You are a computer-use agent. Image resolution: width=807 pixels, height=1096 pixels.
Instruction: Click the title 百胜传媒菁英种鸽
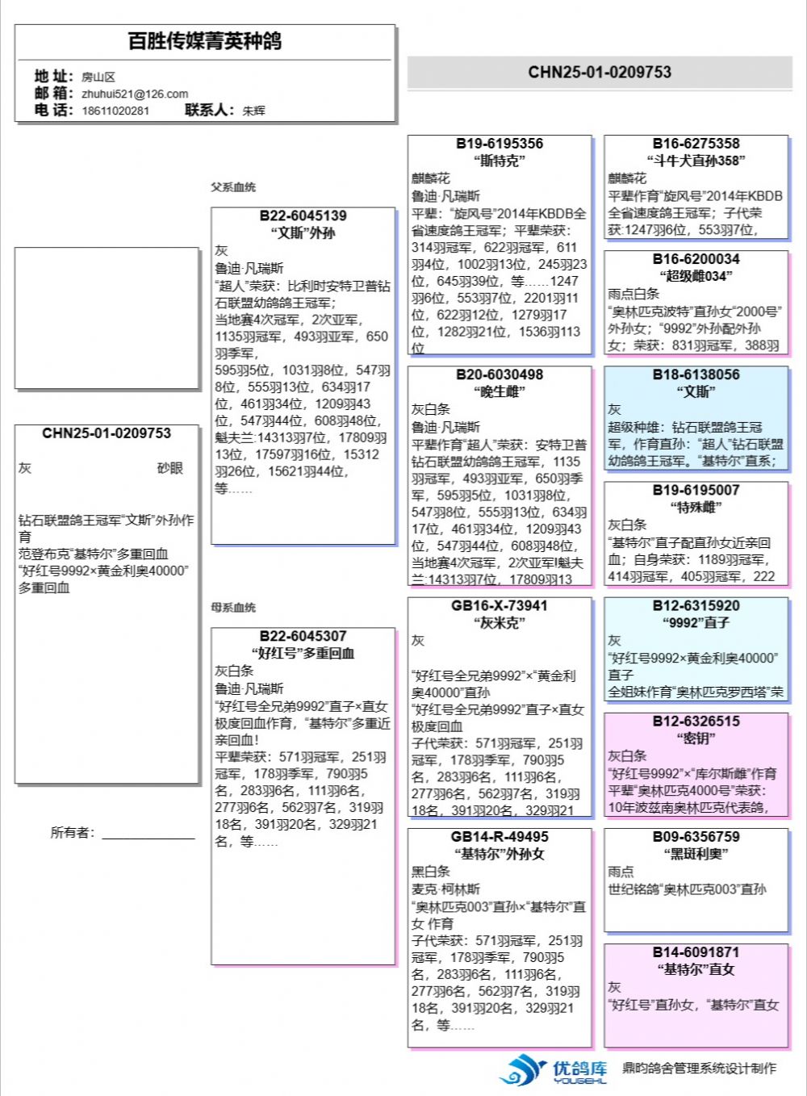pos(205,41)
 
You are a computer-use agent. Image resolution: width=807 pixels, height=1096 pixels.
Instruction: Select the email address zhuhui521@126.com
pos(135,94)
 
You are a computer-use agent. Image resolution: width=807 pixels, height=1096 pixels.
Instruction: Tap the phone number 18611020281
pos(115,111)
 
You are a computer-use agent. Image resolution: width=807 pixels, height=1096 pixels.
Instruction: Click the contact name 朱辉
pos(253,111)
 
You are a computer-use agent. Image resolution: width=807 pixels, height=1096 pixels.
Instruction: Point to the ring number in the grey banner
pos(600,72)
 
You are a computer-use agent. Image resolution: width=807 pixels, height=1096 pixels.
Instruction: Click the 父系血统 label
pos(233,187)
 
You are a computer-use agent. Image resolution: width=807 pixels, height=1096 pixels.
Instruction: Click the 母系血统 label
pos(233,608)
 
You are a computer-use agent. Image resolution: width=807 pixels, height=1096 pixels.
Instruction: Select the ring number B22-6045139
pos(303,216)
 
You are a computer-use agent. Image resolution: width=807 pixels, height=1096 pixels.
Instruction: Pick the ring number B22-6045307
pos(303,637)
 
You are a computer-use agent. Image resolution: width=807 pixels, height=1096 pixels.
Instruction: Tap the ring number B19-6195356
pos(500,144)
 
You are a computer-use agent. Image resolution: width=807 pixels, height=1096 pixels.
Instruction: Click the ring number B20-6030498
pos(500,374)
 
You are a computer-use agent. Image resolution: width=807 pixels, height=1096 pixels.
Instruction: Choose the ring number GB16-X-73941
pos(500,605)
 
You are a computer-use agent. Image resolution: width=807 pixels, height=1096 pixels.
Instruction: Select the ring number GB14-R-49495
pos(500,837)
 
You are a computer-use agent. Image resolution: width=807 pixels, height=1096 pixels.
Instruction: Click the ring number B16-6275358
pos(696,144)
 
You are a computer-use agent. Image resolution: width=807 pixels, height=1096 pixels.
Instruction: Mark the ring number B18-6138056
pos(696,374)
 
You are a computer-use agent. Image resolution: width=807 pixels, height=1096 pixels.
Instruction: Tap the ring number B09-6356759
pos(696,837)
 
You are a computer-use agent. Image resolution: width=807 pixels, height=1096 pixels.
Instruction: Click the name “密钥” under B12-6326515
pos(696,738)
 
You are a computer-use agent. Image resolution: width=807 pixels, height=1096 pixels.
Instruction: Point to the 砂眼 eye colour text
pos(170,468)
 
